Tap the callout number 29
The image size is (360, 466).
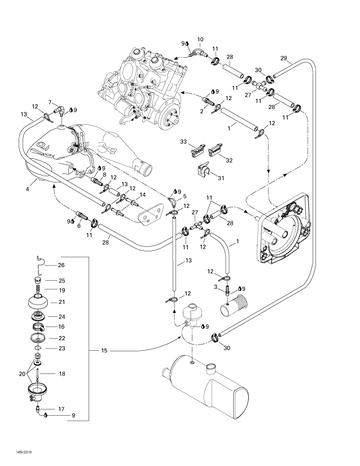pyautogui.click(x=284, y=58)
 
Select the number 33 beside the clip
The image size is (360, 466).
pyautogui.click(x=183, y=141)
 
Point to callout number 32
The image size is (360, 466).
pyautogui.click(x=229, y=160)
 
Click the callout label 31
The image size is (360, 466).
pyautogui.click(x=221, y=179)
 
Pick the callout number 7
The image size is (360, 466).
pyautogui.click(x=50, y=102)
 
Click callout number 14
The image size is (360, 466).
pyautogui.click(x=142, y=195)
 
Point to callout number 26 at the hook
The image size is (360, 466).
pyautogui.click(x=62, y=265)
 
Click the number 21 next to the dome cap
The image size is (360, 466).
pyautogui.click(x=62, y=302)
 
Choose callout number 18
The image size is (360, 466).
pyautogui.click(x=62, y=374)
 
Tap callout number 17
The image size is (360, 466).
pyautogui.click(x=62, y=408)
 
